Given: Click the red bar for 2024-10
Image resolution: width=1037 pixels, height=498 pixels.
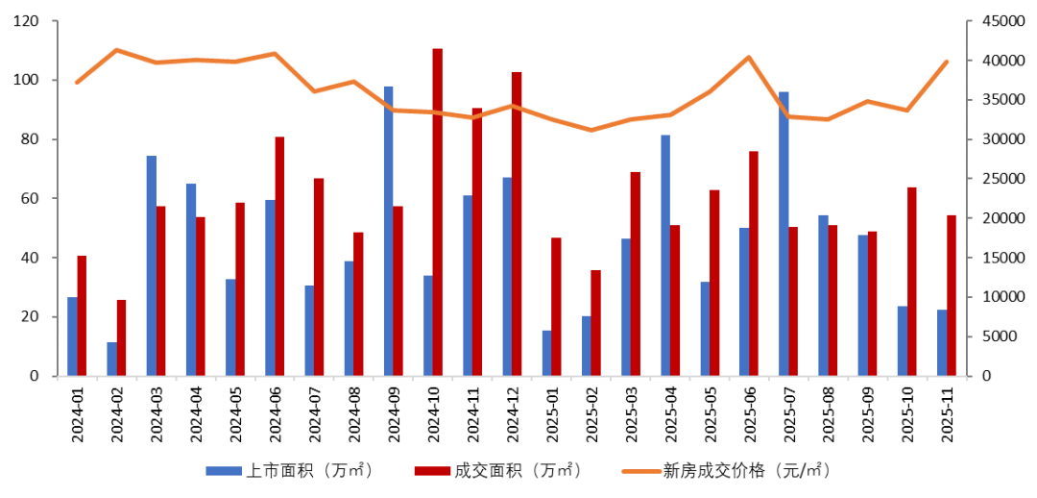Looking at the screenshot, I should pyautogui.click(x=438, y=212).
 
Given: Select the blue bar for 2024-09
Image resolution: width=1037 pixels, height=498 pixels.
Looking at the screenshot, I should pyautogui.click(x=389, y=232).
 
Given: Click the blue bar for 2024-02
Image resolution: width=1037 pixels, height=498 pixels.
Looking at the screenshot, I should pyautogui.click(x=112, y=359).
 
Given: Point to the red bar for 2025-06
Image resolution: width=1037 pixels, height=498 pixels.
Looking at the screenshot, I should pyautogui.click(x=754, y=263).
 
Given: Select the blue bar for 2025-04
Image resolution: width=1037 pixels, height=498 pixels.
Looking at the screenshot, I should pyautogui.click(x=665, y=256).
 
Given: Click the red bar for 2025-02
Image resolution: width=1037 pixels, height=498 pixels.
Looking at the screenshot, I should pyautogui.click(x=595, y=323).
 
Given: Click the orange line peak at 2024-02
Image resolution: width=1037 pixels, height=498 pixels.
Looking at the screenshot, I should pyautogui.click(x=116, y=50).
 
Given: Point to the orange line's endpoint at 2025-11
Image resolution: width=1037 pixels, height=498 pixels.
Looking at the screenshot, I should pyautogui.click(x=947, y=62).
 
